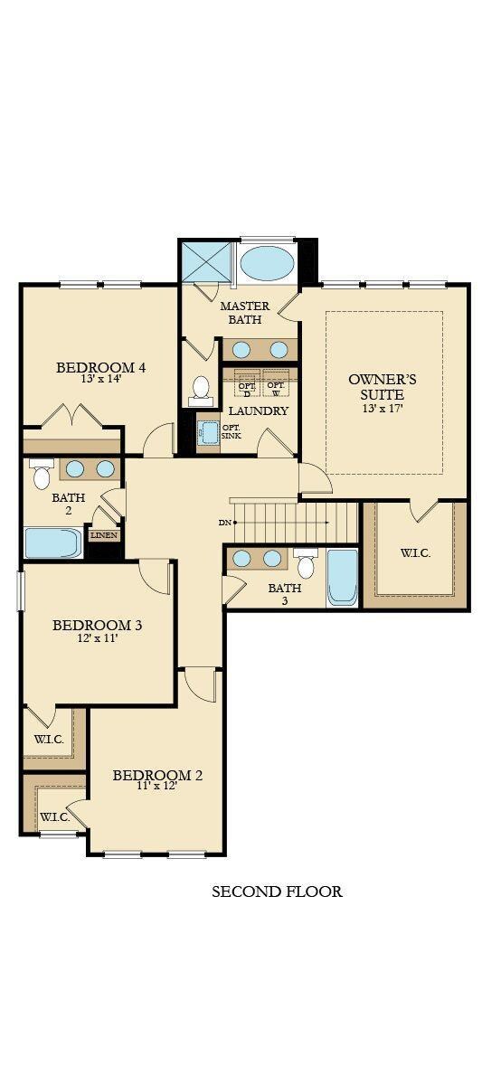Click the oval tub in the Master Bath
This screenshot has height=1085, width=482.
click(x=268, y=263)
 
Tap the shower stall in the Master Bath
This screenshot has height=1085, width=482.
click(x=207, y=261)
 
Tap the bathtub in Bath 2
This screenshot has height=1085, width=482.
click(x=53, y=542)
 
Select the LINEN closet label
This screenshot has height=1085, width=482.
click(x=103, y=535)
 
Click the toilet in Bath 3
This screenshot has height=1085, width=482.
click(x=306, y=563)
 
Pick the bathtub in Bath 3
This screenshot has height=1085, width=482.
click(x=343, y=577)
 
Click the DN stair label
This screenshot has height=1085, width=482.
click(x=224, y=523)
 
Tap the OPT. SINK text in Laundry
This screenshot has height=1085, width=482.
click(x=231, y=432)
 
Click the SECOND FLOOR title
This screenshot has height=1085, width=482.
click(x=277, y=892)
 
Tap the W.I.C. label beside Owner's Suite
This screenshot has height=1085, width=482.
click(x=415, y=552)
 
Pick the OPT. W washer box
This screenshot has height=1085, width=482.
click(x=276, y=387)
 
